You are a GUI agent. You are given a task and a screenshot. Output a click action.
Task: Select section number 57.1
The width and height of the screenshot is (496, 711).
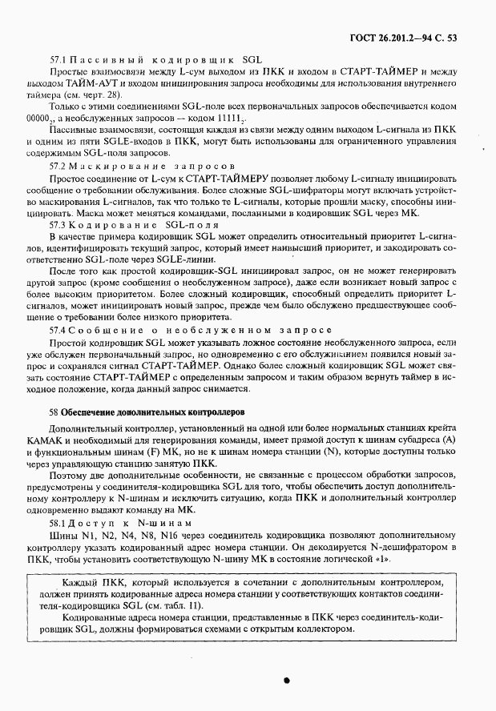click(x=58, y=60)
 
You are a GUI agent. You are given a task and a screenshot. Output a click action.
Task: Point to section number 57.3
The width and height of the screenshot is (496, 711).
click(x=58, y=227)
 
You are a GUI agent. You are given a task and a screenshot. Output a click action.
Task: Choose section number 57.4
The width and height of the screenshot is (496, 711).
click(x=58, y=329)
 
